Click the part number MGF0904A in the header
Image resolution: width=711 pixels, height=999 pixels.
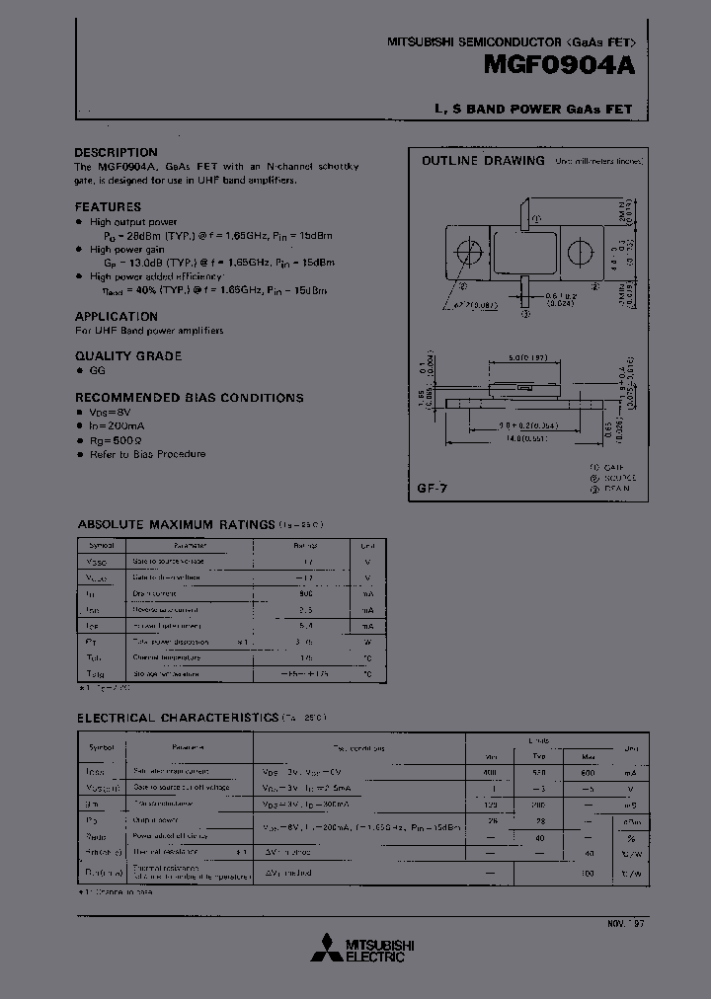[x=566, y=66]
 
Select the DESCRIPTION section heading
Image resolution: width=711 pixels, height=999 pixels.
[x=116, y=152]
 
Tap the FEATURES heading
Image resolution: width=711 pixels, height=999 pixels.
[x=108, y=206]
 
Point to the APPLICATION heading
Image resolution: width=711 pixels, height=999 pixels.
[x=117, y=316]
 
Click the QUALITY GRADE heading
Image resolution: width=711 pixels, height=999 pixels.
[x=128, y=355]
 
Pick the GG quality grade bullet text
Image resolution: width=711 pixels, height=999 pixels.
[x=97, y=370]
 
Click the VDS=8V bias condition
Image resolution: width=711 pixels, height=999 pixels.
[x=110, y=413]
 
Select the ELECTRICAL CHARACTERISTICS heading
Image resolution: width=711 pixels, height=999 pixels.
[x=178, y=717]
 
